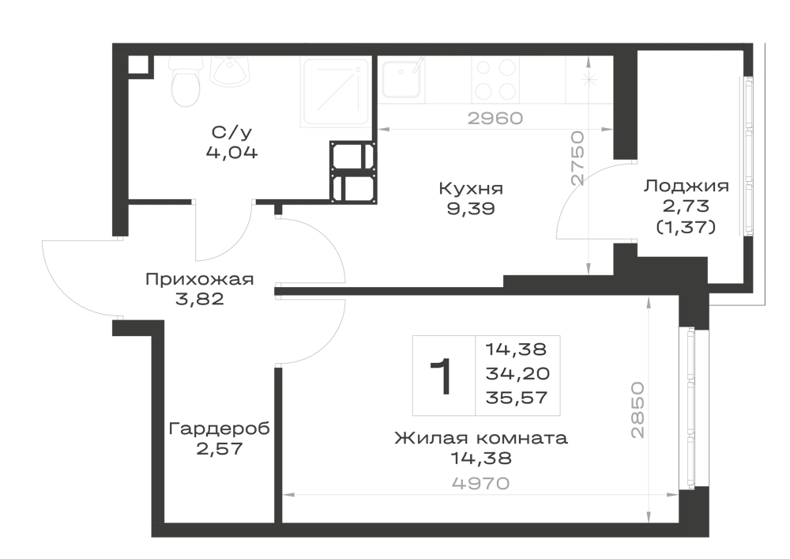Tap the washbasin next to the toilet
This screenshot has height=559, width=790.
click(x=230, y=71)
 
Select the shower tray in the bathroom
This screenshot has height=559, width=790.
click(x=335, y=92)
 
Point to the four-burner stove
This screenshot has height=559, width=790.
click(x=495, y=79)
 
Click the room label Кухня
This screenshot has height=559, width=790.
click(x=471, y=188)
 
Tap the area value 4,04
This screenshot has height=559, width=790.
click(x=231, y=153)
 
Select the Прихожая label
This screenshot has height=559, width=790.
click(x=200, y=279)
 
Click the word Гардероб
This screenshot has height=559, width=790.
click(x=219, y=429)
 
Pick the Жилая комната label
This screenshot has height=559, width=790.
click(x=481, y=438)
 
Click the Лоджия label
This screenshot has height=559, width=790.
click(x=687, y=186)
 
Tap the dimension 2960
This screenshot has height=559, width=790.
click(x=495, y=119)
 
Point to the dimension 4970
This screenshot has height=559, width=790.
click(x=481, y=484)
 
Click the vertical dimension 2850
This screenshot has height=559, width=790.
click(x=638, y=410)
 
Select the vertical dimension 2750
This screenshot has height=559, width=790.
click(x=577, y=158)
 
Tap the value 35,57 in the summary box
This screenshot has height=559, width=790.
click(x=517, y=398)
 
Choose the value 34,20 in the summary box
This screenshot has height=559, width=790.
click(x=517, y=374)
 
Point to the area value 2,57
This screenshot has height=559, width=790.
click(x=219, y=448)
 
